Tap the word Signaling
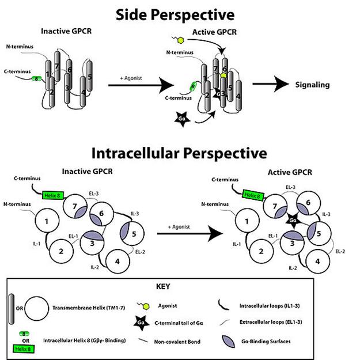pos(313,85)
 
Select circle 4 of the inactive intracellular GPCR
pos(117,261)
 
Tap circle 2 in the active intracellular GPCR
pos(262,251)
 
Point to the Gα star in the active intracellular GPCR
pos(293,219)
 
